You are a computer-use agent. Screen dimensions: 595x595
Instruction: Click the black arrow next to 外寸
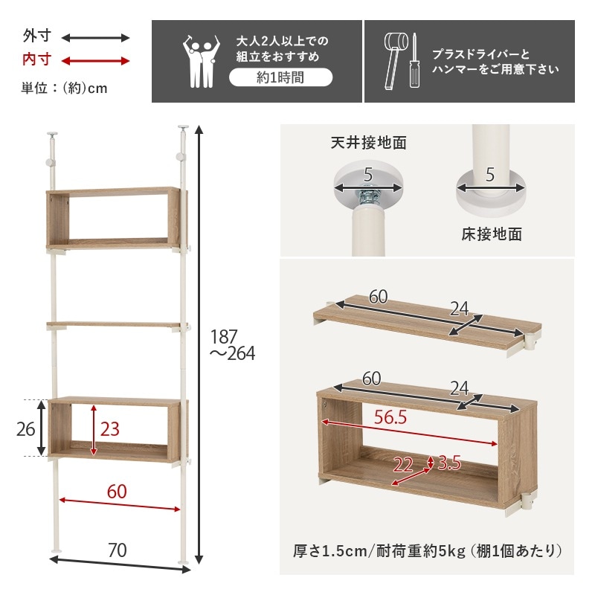[x=95, y=37]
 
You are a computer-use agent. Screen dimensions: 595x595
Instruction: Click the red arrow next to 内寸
[x=95, y=60]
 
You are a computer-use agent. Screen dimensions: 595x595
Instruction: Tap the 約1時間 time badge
[x=280, y=77]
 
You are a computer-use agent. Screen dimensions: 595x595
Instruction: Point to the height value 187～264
[x=231, y=344]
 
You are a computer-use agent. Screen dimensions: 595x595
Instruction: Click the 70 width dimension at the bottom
[x=117, y=550]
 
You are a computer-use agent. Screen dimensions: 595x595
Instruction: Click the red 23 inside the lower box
[x=109, y=429]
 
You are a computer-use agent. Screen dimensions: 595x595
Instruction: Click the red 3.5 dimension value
[x=449, y=463]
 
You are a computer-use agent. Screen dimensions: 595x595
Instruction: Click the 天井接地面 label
[x=368, y=143]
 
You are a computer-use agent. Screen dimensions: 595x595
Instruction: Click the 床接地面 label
[x=491, y=235]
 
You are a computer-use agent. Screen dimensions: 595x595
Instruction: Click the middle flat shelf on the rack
[x=115, y=325]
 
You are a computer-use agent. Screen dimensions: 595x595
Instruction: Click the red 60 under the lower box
[x=118, y=492]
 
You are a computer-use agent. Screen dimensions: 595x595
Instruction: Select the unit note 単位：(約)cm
[x=65, y=88]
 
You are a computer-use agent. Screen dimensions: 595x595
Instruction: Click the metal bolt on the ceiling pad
[x=368, y=197]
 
